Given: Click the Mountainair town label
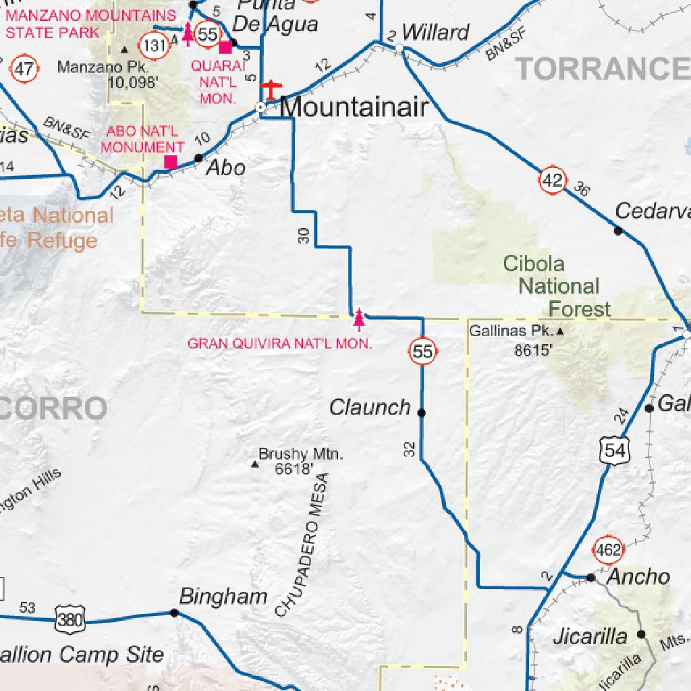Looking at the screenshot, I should (354, 107).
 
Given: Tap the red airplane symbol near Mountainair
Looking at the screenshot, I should (271, 88).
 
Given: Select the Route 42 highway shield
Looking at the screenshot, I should (552, 180).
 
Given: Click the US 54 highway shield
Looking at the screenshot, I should (614, 450).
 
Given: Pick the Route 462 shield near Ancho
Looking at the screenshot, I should (608, 550).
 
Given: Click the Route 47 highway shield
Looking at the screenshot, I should (25, 68).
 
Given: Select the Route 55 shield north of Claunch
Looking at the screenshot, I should (422, 351).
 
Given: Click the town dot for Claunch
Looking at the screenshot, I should (422, 413).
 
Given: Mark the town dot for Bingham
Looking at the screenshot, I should (174, 613).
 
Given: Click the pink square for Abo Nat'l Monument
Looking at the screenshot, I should (171, 162).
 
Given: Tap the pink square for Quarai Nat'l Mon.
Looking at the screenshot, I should (225, 46).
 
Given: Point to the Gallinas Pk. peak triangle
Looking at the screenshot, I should (559, 331).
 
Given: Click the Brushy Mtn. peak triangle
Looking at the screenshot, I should (254, 464).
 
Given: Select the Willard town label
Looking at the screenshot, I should (435, 32).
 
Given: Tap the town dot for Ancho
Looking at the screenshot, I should (590, 578).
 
